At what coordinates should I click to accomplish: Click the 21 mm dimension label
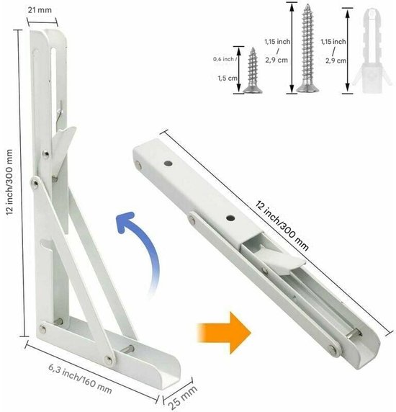pos(40,10)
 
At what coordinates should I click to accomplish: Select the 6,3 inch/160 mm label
pos(80,378)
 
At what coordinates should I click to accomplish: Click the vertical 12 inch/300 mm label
pos(9,182)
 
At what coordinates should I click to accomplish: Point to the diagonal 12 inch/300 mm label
pos(282,226)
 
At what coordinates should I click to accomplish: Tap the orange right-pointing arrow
pos(224,333)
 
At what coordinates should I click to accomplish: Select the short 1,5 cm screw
pos(253,71)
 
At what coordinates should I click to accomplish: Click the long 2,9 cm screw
pos(307,48)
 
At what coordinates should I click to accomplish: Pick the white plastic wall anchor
pos(372,51)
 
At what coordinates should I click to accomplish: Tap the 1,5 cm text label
pos(228,78)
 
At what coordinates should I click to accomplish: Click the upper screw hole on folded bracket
pos(168,164)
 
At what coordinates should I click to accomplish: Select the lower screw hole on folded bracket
pos(230,218)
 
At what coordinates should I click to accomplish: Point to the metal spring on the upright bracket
pos(60,112)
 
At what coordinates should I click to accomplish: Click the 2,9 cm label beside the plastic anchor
pos(336,61)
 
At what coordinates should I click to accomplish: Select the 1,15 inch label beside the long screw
pos(277,42)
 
